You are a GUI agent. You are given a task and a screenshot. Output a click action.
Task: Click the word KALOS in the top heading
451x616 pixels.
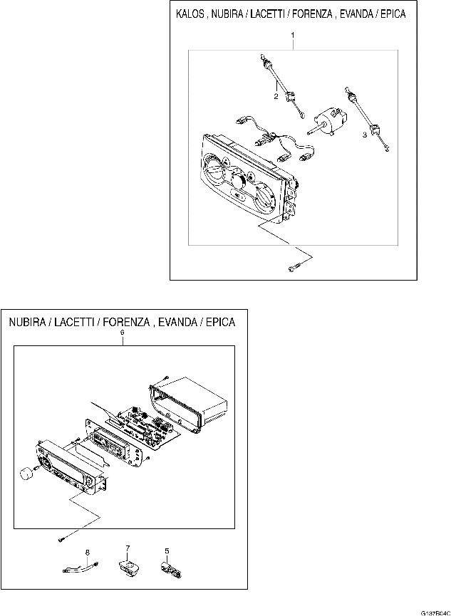point(192,14)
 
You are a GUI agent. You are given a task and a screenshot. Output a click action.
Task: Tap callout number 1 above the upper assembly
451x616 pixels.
point(294,35)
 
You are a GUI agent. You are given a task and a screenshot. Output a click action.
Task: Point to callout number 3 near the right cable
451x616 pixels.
point(365,134)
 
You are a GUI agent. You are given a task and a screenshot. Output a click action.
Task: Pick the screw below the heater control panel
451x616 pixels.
point(294,267)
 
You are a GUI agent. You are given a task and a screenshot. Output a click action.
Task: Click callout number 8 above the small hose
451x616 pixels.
point(87,552)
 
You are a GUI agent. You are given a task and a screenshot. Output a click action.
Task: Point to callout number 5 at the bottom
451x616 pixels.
point(167,550)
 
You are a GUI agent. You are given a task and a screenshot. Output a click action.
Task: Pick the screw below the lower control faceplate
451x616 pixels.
point(63,538)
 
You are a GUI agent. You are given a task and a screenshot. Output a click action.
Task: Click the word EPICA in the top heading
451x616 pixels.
point(390,14)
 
